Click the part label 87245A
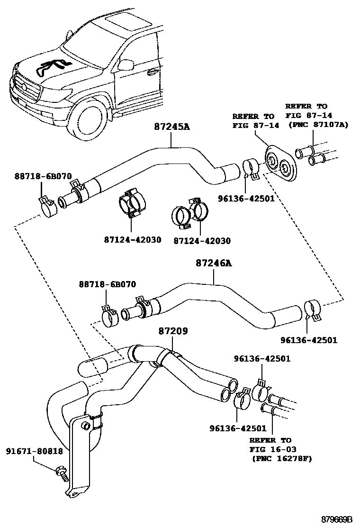click(x=172, y=127)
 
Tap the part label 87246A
click(x=214, y=263)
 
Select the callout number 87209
click(x=173, y=331)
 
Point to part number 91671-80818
click(x=34, y=451)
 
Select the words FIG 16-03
click(x=273, y=449)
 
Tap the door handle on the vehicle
click(x=152, y=72)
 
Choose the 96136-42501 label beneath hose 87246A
click(x=309, y=340)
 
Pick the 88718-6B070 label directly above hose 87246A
click(x=108, y=284)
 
